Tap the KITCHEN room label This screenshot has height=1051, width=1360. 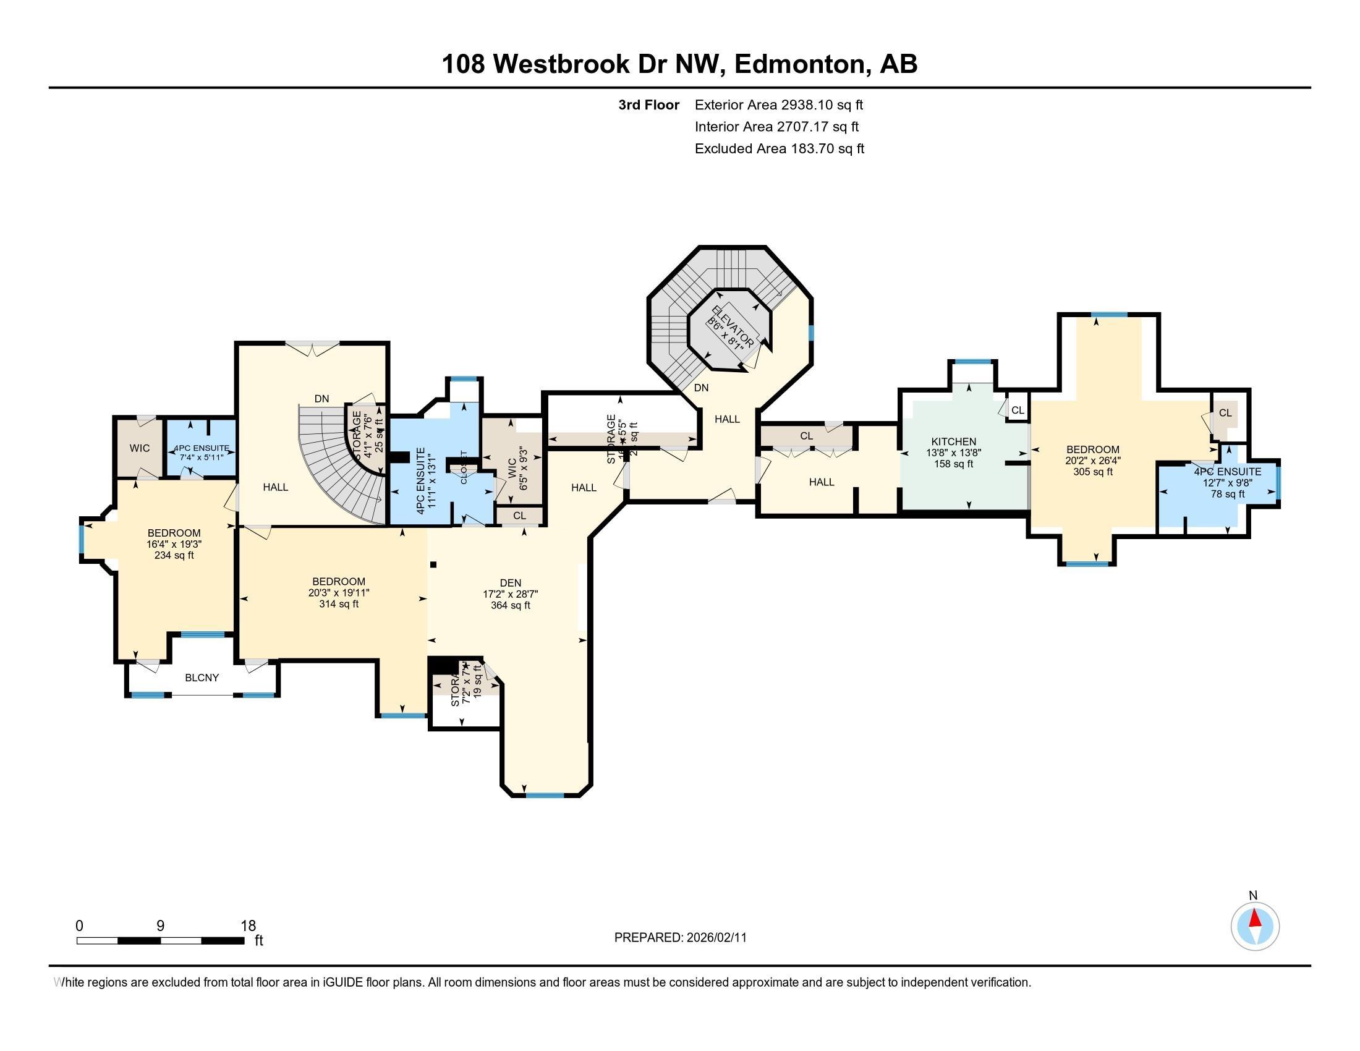[x=953, y=441]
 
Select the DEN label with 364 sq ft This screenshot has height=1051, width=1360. [x=510, y=583]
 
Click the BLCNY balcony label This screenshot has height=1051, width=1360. [x=202, y=678]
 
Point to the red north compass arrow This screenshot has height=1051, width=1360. [x=1256, y=919]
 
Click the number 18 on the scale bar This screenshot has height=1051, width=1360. [x=248, y=926]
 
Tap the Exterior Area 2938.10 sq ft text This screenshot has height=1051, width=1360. [x=778, y=104]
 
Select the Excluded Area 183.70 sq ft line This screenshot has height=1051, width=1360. [x=779, y=148]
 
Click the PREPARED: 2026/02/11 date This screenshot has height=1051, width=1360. [x=680, y=938]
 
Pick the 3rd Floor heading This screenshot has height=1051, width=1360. [x=648, y=104]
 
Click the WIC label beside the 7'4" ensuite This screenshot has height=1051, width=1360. [x=140, y=448]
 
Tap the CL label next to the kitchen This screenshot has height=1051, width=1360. [x=1018, y=411]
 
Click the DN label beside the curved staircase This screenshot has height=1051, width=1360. [x=321, y=399]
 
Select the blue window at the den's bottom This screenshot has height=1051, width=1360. [x=545, y=795]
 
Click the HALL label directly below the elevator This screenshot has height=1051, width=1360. [x=727, y=419]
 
